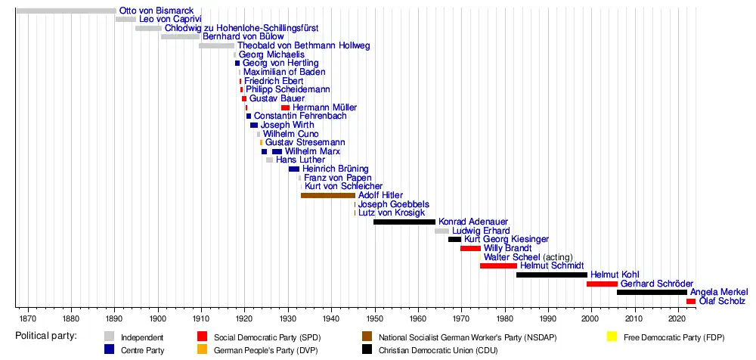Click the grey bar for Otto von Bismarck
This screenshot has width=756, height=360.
click(x=66, y=11)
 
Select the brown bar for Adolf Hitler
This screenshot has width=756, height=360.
click(x=327, y=195)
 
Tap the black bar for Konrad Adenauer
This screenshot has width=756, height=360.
click(x=404, y=222)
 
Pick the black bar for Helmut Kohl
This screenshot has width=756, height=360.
click(x=551, y=275)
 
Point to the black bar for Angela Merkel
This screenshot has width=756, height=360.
click(x=652, y=292)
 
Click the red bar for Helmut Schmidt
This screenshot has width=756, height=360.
click(x=498, y=265)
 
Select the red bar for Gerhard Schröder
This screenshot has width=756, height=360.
click(x=602, y=284)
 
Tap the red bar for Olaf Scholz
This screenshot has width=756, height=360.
click(x=691, y=301)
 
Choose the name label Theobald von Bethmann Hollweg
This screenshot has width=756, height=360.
click(x=303, y=46)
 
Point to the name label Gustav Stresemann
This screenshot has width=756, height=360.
click(x=305, y=142)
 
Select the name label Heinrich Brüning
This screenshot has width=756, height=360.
click(x=335, y=169)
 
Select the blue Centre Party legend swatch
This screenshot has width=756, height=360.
click(x=110, y=349)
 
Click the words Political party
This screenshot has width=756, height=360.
click(x=45, y=336)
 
